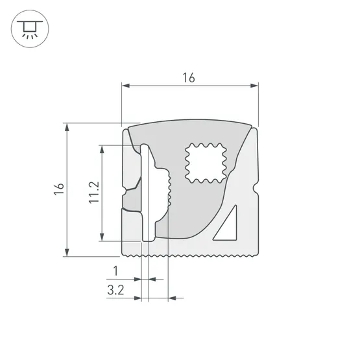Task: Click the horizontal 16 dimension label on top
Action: (x=188, y=78)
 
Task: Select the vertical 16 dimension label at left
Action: (x=59, y=189)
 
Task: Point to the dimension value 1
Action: (x=116, y=270)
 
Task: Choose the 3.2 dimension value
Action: (x=115, y=289)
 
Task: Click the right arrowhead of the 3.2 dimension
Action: (x=172, y=298)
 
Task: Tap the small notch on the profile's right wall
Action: (x=256, y=193)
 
